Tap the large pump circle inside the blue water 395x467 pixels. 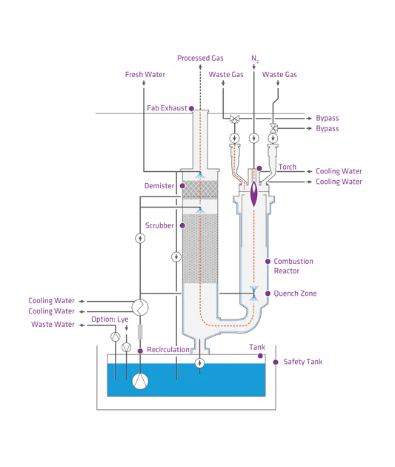coord(139,381)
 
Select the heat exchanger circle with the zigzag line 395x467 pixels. coord(139,306)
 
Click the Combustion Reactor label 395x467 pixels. coord(294,266)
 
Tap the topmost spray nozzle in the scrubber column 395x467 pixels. coord(200,175)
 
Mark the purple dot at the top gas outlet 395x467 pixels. coord(191,109)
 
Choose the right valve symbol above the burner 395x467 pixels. coord(273,127)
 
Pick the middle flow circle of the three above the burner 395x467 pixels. coord(254,138)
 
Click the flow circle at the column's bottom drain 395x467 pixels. coord(200,362)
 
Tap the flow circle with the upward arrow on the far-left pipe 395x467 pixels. coord(139,238)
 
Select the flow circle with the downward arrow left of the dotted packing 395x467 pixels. coord(176,256)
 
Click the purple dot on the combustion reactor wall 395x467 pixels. coord(268,261)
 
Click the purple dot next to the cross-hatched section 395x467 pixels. coord(179,186)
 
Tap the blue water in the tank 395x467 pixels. coord(208,382)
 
